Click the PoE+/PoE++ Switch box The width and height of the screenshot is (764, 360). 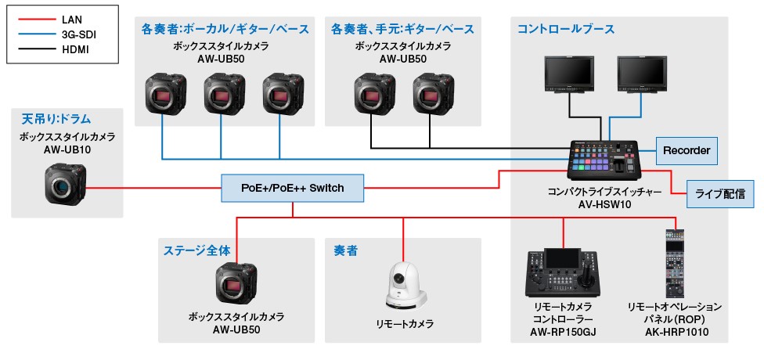(x=294, y=188)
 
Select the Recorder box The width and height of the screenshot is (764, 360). (x=686, y=150)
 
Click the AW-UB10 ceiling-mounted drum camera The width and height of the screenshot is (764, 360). (x=65, y=185)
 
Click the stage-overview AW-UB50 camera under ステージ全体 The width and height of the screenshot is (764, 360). (x=236, y=284)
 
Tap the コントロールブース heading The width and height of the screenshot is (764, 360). (x=565, y=29)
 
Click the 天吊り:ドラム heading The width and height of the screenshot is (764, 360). (x=56, y=120)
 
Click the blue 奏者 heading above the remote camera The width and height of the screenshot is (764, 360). (x=347, y=251)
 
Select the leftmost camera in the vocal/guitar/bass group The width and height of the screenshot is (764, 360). (x=165, y=95)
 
